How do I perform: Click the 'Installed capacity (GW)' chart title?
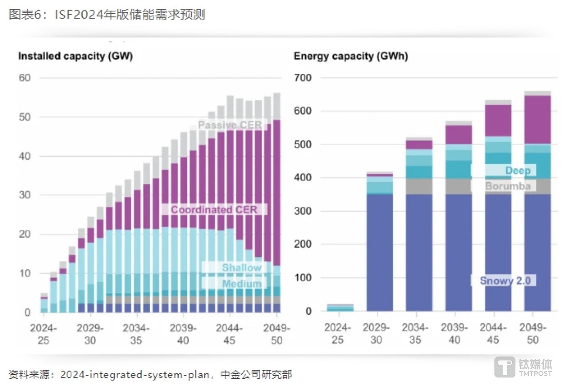[x=75, y=56]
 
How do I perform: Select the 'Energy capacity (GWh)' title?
[x=351, y=56]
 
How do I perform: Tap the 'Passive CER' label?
[x=230, y=125]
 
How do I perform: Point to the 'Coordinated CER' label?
[x=214, y=209]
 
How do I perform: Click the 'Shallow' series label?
[x=241, y=267]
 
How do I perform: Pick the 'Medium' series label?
[x=241, y=284]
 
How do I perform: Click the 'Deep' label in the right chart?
[x=517, y=171]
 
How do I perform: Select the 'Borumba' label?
[x=508, y=186]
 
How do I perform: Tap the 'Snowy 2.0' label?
[x=505, y=280]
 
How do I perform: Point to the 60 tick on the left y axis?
[x=25, y=78]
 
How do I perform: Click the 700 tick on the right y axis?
[x=303, y=78]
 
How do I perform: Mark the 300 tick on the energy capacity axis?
[x=303, y=211]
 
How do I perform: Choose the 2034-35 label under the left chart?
[x=136, y=334]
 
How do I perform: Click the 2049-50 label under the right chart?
[x=533, y=334]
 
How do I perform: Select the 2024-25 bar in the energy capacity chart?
[x=340, y=308]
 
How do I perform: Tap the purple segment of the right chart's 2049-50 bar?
[x=537, y=119]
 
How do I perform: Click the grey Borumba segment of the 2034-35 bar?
[x=419, y=186]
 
